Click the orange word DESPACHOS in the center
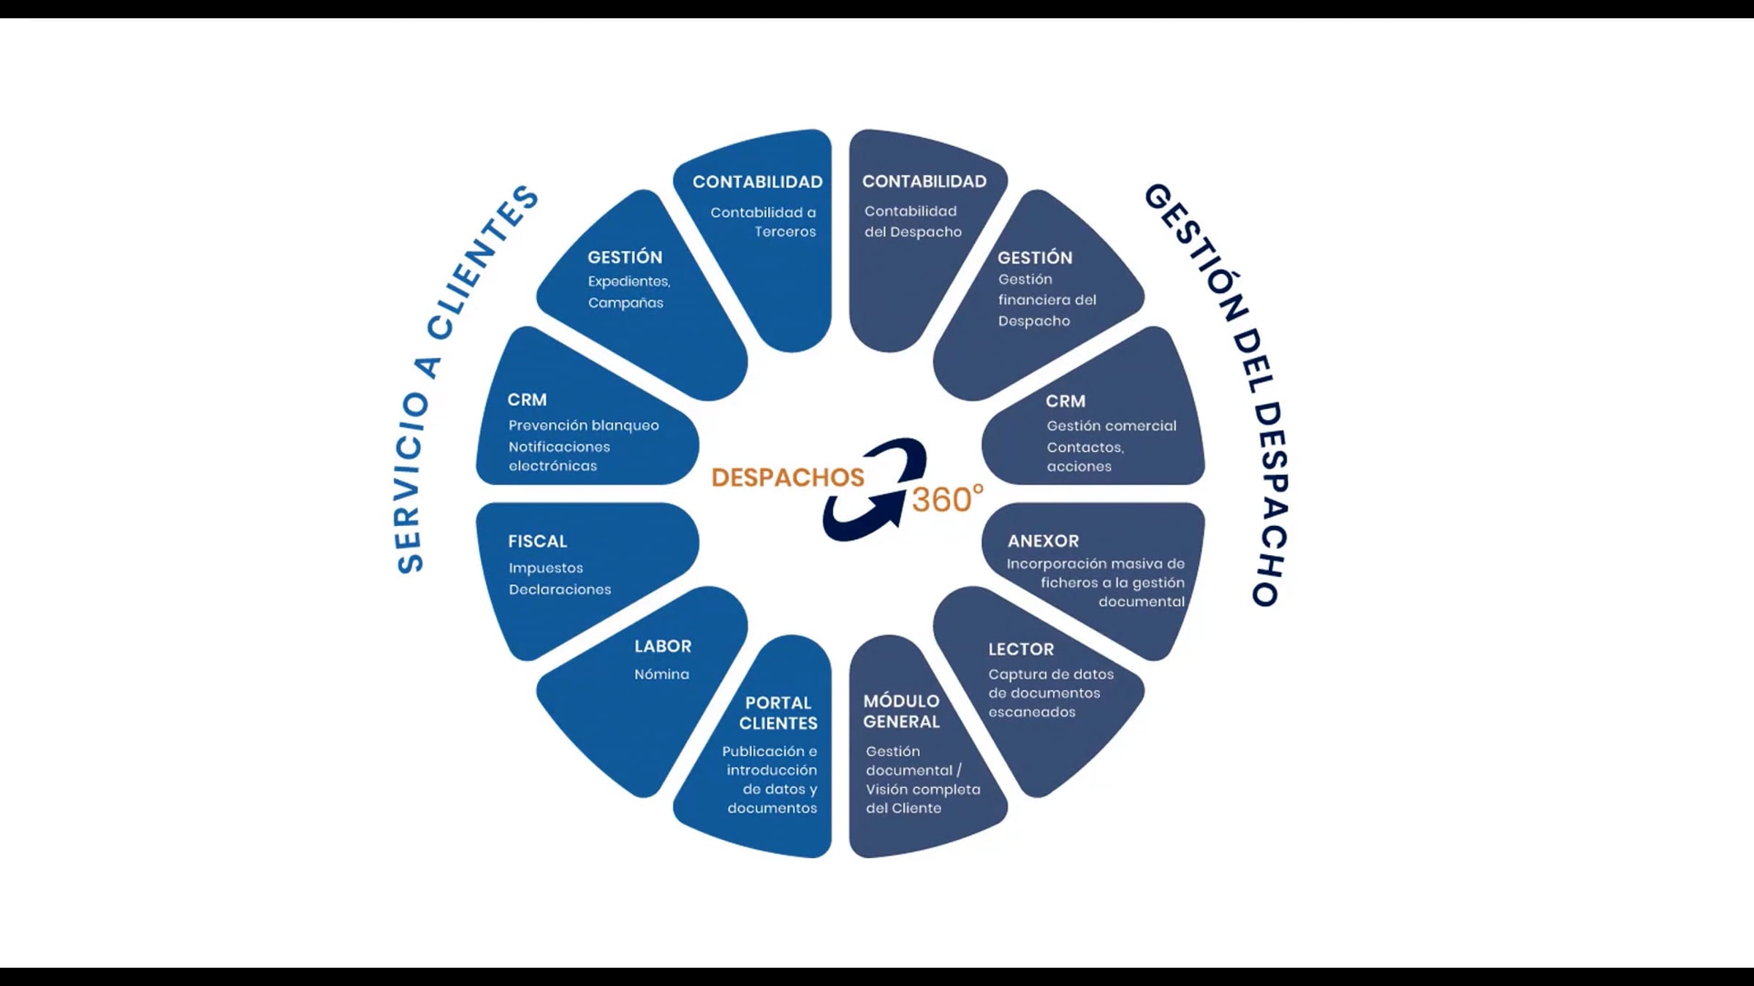coord(788,478)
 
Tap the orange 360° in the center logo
coord(947,500)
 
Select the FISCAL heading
coord(538,541)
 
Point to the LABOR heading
coord(663,646)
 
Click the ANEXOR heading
coord(1043,541)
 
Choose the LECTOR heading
coord(1021,649)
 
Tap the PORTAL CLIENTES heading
coord(778,713)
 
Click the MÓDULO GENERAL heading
coord(901,711)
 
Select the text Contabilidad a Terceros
coord(764,222)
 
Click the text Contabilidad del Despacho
coord(913,221)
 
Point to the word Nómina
coord(661,674)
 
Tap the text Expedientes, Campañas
coord(629,292)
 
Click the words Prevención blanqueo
coord(584,425)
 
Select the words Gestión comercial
coord(1112,426)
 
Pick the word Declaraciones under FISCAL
coord(560,589)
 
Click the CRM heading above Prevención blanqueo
coord(527,400)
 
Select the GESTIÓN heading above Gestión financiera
coord(1035,258)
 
